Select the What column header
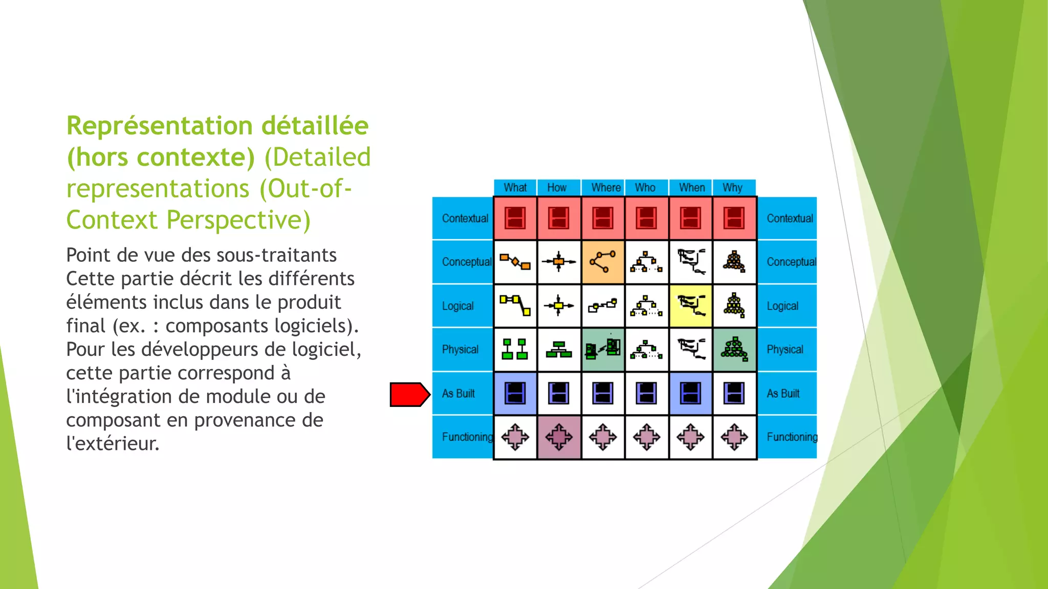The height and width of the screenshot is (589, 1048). [515, 188]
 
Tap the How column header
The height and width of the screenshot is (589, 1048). [557, 188]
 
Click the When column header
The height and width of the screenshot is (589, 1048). [691, 188]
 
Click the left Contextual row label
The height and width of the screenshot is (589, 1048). [465, 218]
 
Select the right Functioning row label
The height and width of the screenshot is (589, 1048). [792, 437]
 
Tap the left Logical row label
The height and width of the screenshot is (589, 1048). [457, 306]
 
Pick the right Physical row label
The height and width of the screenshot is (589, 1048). [784, 350]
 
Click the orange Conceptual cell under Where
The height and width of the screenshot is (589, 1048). [603, 262]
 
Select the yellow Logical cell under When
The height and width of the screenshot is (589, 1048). [690, 306]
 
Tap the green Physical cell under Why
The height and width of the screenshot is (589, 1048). [734, 350]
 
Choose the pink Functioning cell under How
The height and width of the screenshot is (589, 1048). [559, 437]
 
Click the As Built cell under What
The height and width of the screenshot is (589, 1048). [515, 393]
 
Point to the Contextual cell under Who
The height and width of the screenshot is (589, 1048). [646, 218]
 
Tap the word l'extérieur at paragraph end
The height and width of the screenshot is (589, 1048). [113, 443]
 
